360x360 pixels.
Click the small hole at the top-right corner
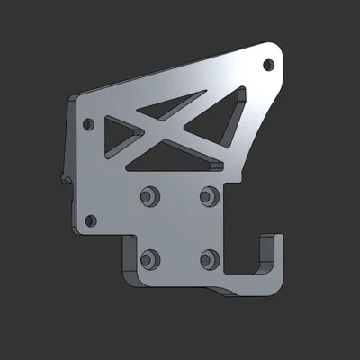click(267, 64)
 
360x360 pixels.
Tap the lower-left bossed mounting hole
click(148, 257)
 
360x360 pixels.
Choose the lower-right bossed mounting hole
click(210, 259)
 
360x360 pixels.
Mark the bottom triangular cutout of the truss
click(175, 158)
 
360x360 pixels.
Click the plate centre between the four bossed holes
click(178, 226)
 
